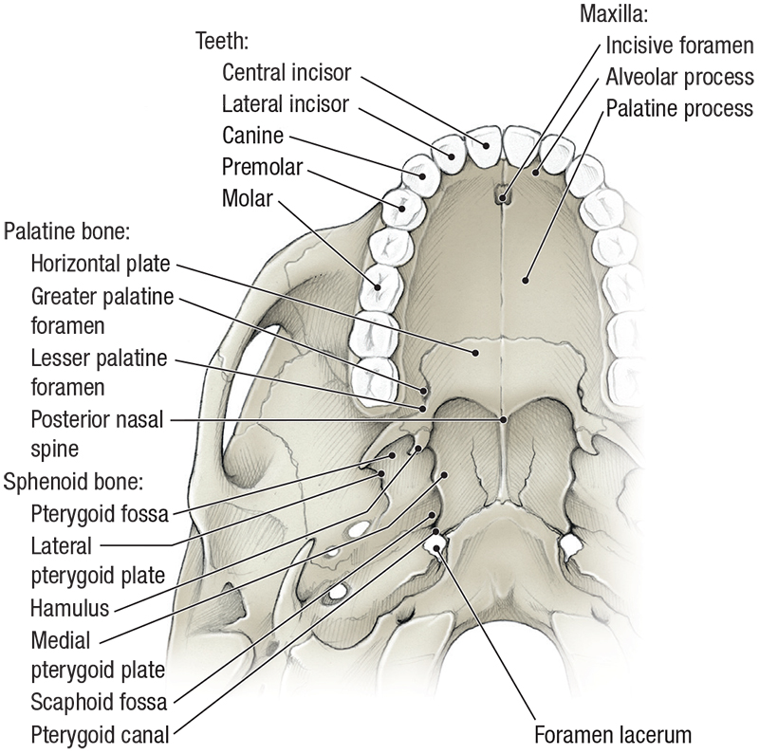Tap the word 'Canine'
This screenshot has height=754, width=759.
pyautogui.click(x=253, y=136)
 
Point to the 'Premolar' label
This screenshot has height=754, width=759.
pyautogui.click(x=262, y=167)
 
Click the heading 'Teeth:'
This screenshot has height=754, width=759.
pyautogui.click(x=222, y=41)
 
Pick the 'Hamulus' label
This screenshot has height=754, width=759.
pyautogui.click(x=69, y=608)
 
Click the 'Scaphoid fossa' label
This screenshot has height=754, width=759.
pyautogui.click(x=99, y=703)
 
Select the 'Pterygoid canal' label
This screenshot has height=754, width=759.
pyautogui.click(x=101, y=734)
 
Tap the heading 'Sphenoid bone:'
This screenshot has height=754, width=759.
pyautogui.click(x=73, y=482)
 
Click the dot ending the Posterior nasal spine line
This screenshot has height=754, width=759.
pyautogui.click(x=505, y=418)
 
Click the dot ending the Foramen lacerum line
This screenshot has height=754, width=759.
pyautogui.click(x=438, y=546)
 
